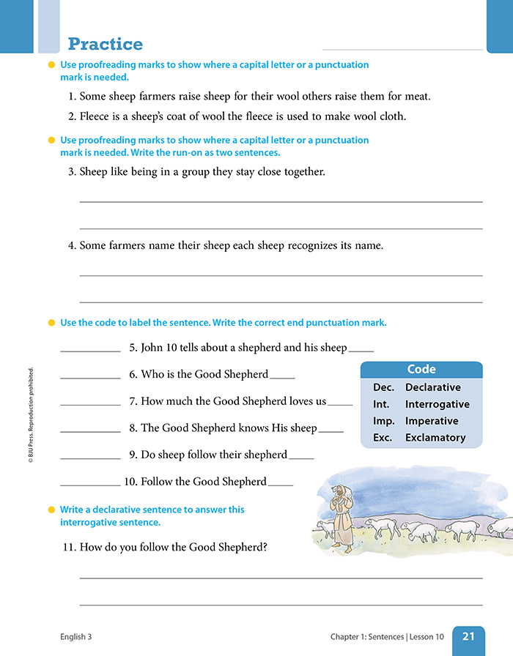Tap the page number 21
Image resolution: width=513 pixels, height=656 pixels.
click(469, 637)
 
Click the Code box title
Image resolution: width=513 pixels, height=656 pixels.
click(421, 370)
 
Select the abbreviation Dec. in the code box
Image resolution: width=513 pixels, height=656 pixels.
click(383, 387)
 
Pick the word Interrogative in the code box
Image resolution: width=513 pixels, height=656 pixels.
click(438, 404)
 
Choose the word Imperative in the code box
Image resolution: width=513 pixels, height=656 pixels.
click(432, 421)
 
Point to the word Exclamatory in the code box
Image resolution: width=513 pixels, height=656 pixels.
click(435, 438)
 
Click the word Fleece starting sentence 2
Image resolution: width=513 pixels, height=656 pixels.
click(96, 116)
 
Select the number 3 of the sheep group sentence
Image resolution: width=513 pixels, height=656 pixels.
click(71, 172)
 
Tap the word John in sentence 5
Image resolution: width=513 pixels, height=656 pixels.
click(152, 348)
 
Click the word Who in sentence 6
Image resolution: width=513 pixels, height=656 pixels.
click(152, 374)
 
